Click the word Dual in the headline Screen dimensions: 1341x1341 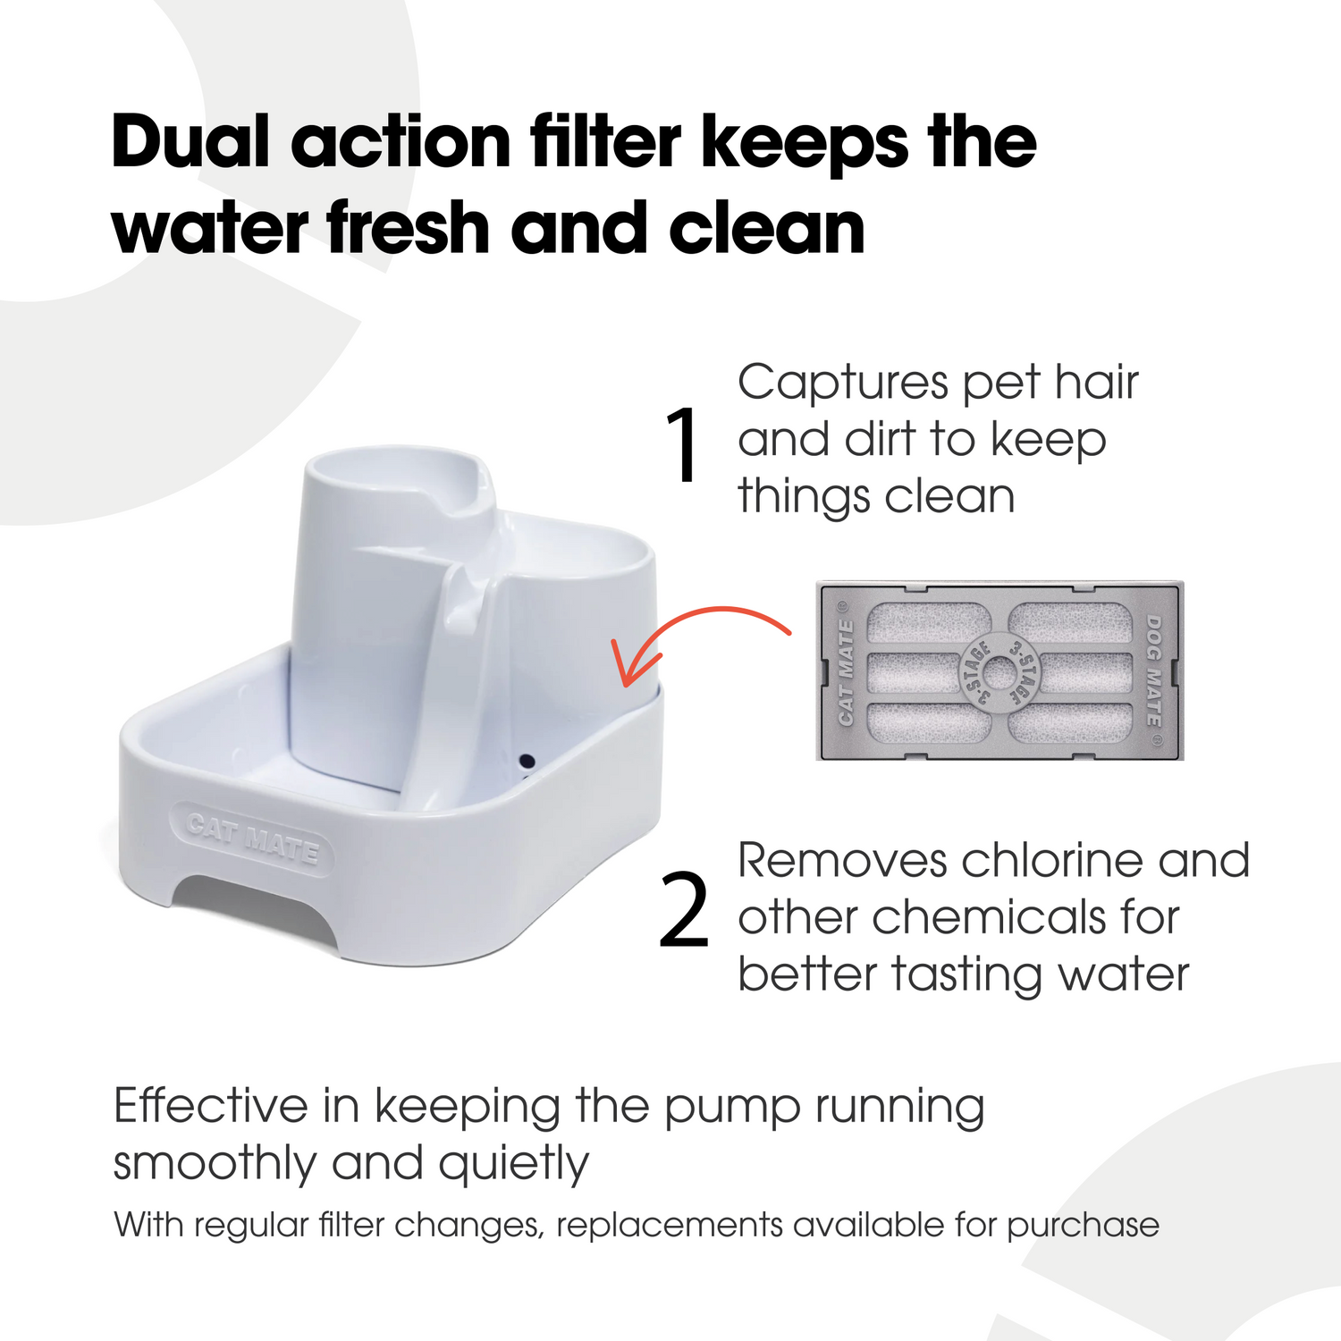point(190,143)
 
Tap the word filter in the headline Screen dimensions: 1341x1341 point(605,143)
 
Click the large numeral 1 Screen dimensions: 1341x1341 point(683,445)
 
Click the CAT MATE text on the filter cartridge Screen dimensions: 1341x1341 point(846,671)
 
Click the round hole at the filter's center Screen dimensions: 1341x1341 point(999,671)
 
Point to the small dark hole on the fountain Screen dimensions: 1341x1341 point(527,763)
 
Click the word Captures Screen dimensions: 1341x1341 point(841,383)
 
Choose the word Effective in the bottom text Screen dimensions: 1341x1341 point(211,1107)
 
